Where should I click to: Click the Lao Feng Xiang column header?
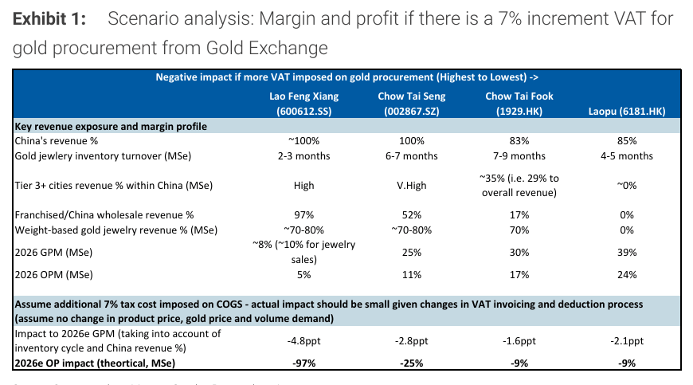303,104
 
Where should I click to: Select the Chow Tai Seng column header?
412,104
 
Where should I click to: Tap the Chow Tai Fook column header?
519,104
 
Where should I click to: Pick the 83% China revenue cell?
519,140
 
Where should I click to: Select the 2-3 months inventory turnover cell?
303,155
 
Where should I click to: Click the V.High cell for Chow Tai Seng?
412,185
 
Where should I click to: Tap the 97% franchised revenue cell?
303,215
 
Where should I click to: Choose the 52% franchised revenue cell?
412,215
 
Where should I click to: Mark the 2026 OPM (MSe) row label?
55,275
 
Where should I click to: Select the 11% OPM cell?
412,275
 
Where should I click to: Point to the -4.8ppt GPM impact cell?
303,340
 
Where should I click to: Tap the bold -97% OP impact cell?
303,363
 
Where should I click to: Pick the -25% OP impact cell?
412,363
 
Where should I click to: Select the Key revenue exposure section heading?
111,126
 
